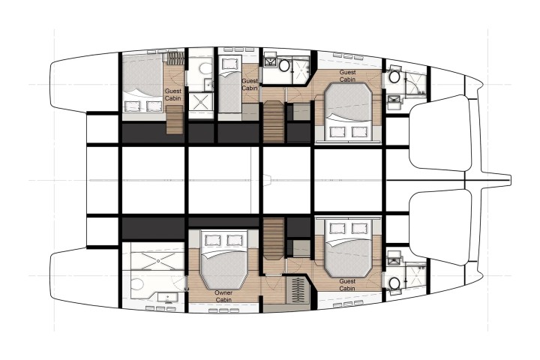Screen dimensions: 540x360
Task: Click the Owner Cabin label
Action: point(223,296)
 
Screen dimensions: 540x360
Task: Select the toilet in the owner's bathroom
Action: point(137,286)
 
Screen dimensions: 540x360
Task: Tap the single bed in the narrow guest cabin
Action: point(229,85)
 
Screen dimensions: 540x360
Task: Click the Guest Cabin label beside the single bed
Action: point(250,85)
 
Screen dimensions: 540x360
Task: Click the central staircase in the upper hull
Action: point(274,121)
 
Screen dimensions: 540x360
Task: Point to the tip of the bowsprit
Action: point(511,179)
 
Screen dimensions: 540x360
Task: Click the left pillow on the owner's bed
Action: point(212,240)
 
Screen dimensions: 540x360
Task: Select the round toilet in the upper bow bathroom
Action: point(394,76)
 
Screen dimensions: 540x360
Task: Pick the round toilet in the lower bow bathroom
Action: point(394,283)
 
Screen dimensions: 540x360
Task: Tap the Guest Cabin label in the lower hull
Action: point(347,284)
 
